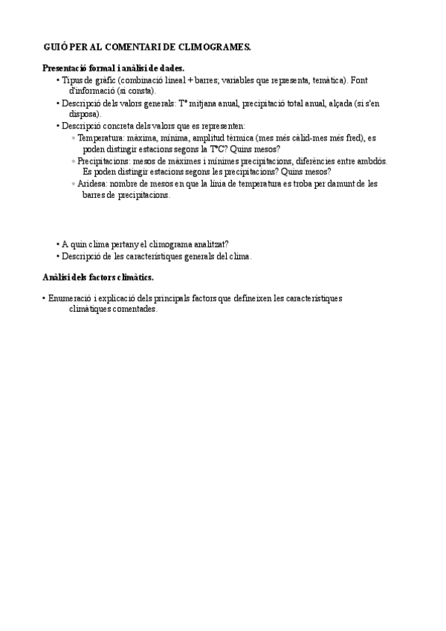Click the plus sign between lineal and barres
pos(190,80)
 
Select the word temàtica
pos(327,80)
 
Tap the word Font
pos(359,80)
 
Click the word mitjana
pos(207,103)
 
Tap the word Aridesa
pos(92,184)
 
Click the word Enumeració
pos(72,298)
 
